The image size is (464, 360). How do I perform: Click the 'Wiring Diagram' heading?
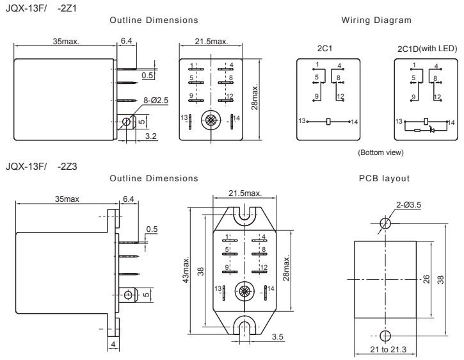(x=376, y=20)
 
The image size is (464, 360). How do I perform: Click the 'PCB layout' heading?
(x=384, y=178)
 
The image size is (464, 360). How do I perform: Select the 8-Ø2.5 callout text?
(x=156, y=101)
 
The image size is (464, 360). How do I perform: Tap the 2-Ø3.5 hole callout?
(x=408, y=205)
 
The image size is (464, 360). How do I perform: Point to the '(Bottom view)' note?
(x=381, y=152)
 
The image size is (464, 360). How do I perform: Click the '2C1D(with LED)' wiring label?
(x=427, y=49)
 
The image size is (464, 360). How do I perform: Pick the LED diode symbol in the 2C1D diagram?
(x=431, y=129)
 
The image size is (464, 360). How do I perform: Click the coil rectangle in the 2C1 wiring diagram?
(x=328, y=122)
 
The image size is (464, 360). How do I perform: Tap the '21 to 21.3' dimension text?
(x=388, y=350)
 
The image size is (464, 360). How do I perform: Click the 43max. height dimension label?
(x=186, y=270)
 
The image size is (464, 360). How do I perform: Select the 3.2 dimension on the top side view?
(x=150, y=136)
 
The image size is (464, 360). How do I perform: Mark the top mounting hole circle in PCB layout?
(x=385, y=224)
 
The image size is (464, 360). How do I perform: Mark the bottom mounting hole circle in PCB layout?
(x=385, y=336)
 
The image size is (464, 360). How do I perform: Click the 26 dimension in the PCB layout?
(x=426, y=279)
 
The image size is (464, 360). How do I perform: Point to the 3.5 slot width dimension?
(x=277, y=337)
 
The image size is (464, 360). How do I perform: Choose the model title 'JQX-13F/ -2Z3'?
(x=42, y=167)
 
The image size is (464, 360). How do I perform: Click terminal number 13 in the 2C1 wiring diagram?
(x=302, y=120)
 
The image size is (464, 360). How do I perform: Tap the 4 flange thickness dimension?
(x=113, y=345)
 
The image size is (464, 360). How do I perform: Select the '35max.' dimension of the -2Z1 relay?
(x=66, y=42)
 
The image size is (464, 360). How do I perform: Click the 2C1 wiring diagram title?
(x=324, y=48)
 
